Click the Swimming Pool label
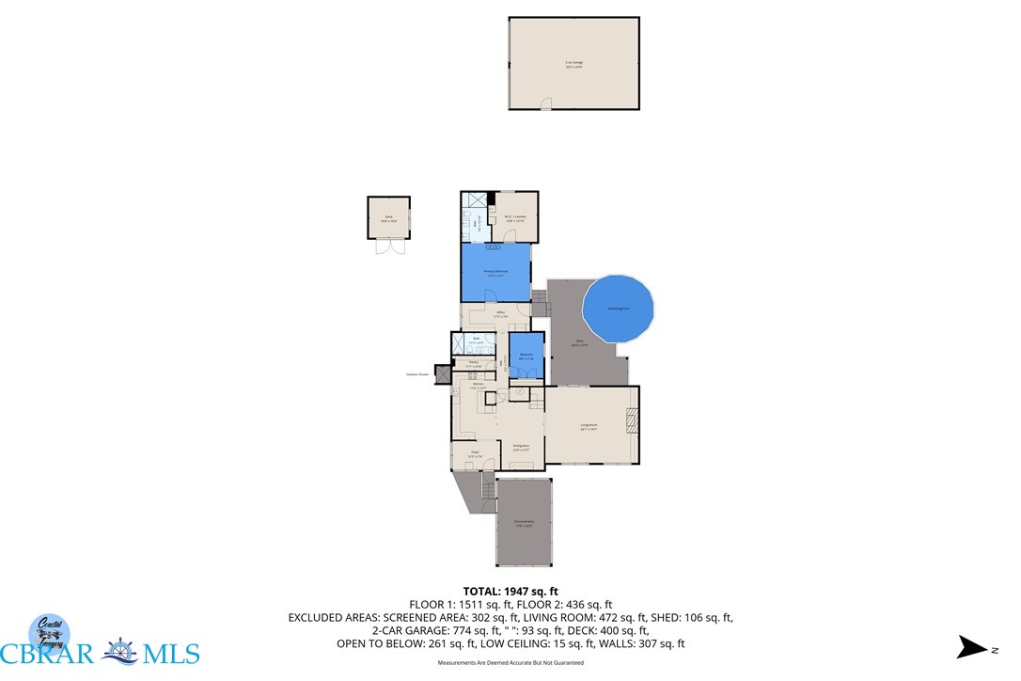click(x=618, y=308)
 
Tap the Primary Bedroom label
click(x=495, y=273)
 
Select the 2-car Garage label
click(x=573, y=66)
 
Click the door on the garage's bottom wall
click(x=545, y=107)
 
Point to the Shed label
click(x=388, y=219)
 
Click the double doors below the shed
click(x=387, y=246)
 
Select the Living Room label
click(x=589, y=427)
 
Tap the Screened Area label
click(x=524, y=523)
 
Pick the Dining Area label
click(x=521, y=448)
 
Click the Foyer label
click(x=476, y=453)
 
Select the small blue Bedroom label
click(x=527, y=356)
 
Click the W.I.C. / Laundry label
click(x=514, y=217)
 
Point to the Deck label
click(x=579, y=342)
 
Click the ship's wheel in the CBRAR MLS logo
click(x=118, y=653)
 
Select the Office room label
click(x=502, y=315)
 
